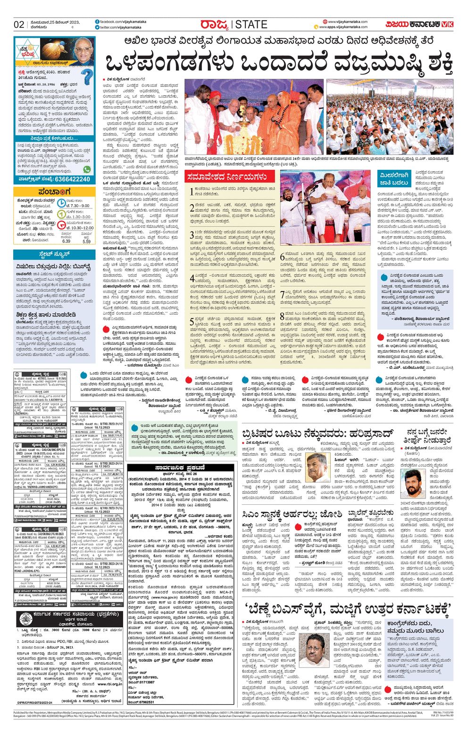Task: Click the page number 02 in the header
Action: pyautogui.click(x=19, y=25)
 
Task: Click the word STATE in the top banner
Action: pyautogui.click(x=251, y=25)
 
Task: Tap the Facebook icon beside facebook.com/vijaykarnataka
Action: pyautogui.click(x=97, y=22)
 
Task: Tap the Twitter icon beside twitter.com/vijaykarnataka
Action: pyautogui.click(x=97, y=28)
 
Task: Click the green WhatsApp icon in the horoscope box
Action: pyautogui.click(x=87, y=169)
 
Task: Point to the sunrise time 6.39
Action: pyautogui.click(x=66, y=241)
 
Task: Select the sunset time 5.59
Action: pyautogui.click(x=86, y=241)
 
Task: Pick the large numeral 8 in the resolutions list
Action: pyautogui.click(x=283, y=316)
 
